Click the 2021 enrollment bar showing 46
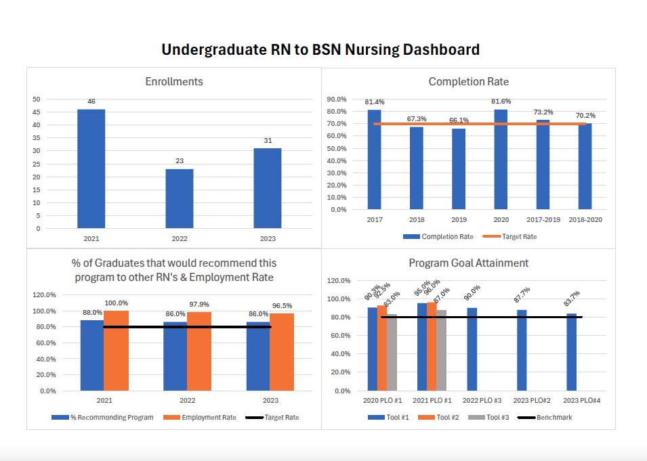[91, 169]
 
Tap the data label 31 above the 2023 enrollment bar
[267, 141]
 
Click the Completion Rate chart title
[468, 82]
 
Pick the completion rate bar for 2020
[500, 159]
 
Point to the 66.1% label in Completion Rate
[459, 120]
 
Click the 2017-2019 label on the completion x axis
[543, 220]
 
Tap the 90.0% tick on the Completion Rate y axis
[337, 99]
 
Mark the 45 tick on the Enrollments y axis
[36, 112]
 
